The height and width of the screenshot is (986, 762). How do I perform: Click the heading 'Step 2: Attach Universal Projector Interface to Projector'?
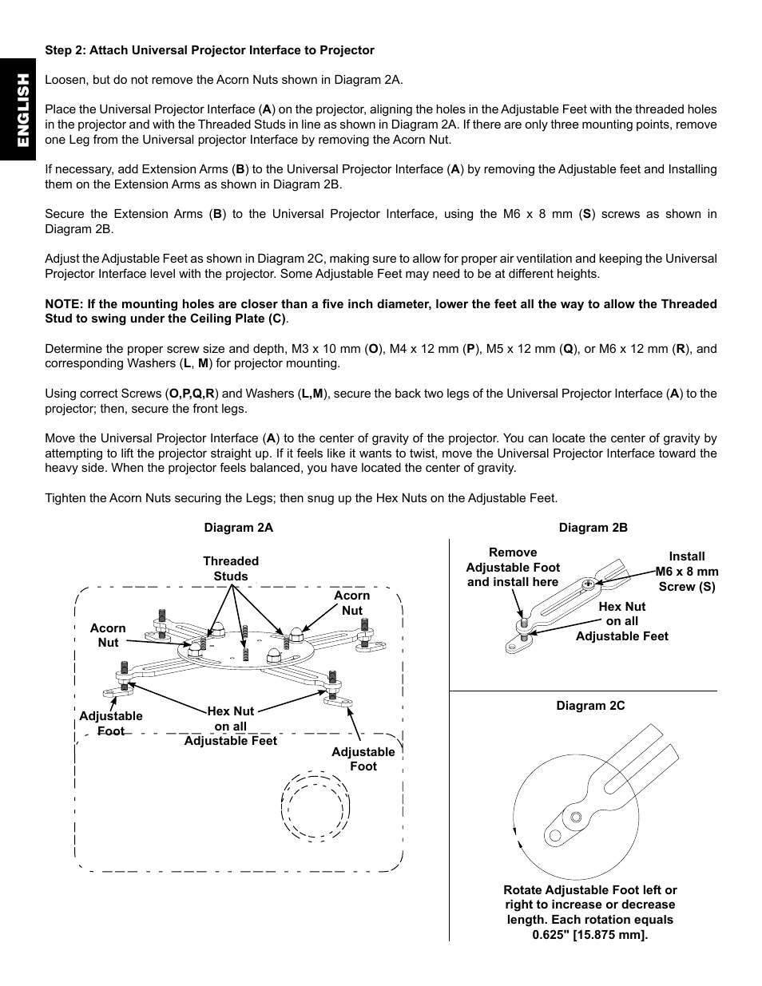(x=209, y=50)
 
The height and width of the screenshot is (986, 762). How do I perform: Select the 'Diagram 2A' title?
(x=238, y=528)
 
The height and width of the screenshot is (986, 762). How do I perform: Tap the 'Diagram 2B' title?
(x=593, y=528)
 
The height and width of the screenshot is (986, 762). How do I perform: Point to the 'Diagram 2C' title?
(x=590, y=706)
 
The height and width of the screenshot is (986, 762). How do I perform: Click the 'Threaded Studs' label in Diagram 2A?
(x=231, y=568)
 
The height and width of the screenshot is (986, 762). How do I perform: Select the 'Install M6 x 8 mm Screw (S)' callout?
(x=686, y=571)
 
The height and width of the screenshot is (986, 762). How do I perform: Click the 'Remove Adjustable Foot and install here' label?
(x=513, y=567)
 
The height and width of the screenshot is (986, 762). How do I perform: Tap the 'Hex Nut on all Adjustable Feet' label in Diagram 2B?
(x=621, y=621)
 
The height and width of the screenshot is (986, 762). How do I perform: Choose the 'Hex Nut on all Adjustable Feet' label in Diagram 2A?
(x=230, y=726)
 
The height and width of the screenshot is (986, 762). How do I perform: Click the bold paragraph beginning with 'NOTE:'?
(x=380, y=311)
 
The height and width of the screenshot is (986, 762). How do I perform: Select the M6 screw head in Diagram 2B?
(x=588, y=584)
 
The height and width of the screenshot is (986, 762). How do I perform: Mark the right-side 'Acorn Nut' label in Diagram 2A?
(x=352, y=603)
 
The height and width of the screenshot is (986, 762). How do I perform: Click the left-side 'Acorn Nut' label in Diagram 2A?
(x=108, y=636)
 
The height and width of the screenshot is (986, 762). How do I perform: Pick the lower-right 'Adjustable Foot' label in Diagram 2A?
(x=363, y=758)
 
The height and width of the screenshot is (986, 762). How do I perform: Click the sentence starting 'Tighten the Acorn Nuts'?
(x=301, y=498)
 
